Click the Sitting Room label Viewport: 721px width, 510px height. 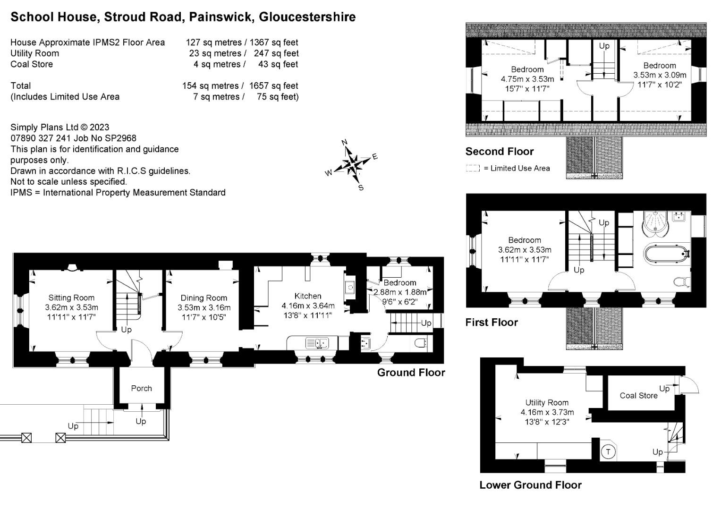tap(71, 297)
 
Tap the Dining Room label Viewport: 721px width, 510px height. tap(204, 298)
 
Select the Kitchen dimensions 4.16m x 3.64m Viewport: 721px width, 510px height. tap(308, 306)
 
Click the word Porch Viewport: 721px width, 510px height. tap(141, 388)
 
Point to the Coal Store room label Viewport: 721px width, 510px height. tap(638, 395)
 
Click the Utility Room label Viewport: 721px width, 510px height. tap(547, 402)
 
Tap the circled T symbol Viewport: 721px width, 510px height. tap(608, 452)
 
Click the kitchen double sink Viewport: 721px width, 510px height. tap(317, 343)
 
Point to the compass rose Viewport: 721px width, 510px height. tap(352, 164)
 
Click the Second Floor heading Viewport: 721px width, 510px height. tap(500, 151)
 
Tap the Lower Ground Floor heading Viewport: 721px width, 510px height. tap(530, 485)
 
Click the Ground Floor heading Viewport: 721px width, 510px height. tap(411, 373)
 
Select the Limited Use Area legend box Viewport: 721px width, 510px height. tap(473, 168)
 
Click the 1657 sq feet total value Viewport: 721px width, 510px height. tap(273, 85)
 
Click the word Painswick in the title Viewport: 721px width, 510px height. tap(221, 17)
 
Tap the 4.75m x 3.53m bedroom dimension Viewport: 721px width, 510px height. tap(527, 79)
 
